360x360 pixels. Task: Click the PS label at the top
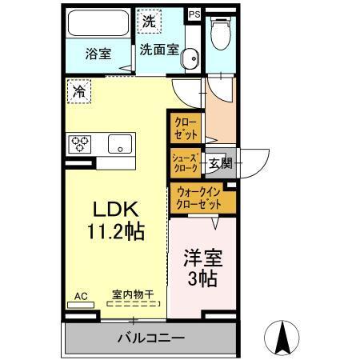[194, 14]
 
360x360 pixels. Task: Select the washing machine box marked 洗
[150, 22]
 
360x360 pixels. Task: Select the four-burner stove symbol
[80, 144]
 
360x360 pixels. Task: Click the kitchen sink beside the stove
[120, 144]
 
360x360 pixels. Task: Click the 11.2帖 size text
[116, 232]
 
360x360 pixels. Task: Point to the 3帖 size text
[202, 281]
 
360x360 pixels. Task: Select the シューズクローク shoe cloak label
[186, 162]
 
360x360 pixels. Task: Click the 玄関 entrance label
[220, 163]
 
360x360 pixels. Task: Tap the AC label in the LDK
[80, 295]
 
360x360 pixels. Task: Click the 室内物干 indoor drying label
[134, 295]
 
